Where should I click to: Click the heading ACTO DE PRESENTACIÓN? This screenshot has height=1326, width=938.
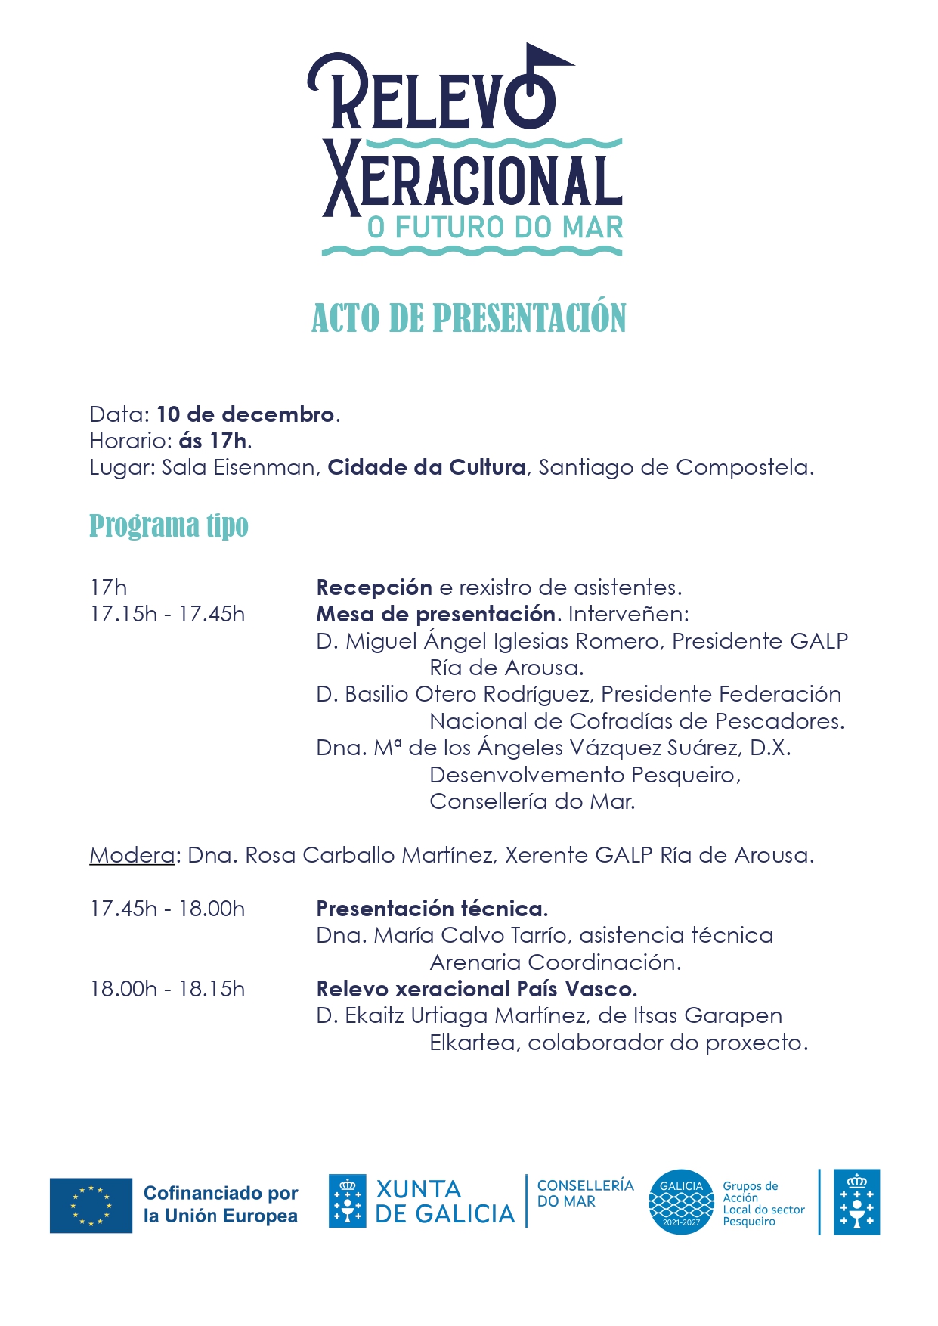(x=469, y=318)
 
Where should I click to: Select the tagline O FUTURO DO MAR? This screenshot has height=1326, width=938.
(x=495, y=228)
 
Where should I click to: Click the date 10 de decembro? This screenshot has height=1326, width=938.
(x=245, y=414)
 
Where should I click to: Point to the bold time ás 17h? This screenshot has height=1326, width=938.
(x=213, y=441)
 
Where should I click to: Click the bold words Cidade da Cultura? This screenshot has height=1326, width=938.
(x=426, y=467)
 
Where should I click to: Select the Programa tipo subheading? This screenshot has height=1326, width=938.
(x=169, y=526)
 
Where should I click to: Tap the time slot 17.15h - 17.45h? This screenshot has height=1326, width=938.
(x=168, y=614)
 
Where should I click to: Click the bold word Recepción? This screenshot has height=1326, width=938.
(x=374, y=587)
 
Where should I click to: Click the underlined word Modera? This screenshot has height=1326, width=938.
(x=132, y=855)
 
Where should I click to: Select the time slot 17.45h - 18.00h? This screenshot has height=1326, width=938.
(x=168, y=909)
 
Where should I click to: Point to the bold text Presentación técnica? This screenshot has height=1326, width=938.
(x=431, y=909)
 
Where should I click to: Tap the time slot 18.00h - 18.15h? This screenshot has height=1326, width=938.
(x=168, y=989)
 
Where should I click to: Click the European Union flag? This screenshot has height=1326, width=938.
(x=91, y=1205)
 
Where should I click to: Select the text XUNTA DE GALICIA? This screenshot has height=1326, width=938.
(x=444, y=1201)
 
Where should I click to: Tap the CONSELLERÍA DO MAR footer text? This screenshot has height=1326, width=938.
(x=585, y=1193)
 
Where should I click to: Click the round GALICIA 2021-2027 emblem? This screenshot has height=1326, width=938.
(x=681, y=1202)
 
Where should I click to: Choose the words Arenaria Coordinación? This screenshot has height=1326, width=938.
(x=554, y=962)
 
